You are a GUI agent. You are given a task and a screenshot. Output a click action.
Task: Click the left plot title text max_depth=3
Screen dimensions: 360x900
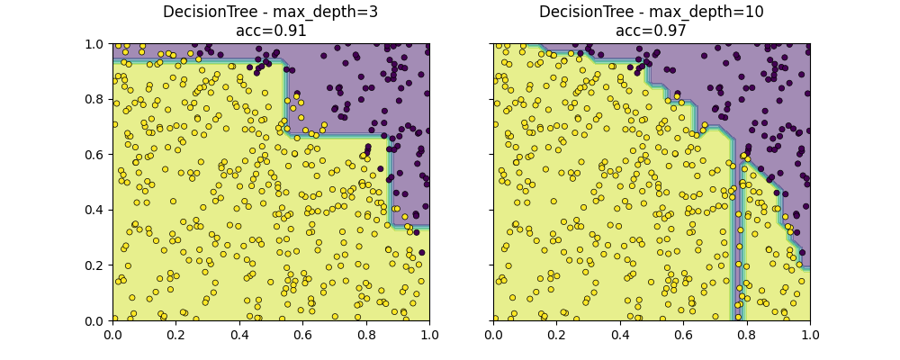[x=271, y=13]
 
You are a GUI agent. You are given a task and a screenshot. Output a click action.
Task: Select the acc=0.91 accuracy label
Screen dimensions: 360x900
[x=271, y=31]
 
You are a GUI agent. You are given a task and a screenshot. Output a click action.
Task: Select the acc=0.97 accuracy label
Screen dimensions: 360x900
[x=652, y=31]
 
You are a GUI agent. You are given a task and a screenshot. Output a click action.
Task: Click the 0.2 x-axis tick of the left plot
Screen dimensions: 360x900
[x=175, y=334]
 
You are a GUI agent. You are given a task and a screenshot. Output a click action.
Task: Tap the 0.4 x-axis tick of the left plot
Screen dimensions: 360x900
[x=239, y=334]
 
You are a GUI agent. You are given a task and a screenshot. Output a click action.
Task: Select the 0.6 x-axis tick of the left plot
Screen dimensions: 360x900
[x=302, y=334]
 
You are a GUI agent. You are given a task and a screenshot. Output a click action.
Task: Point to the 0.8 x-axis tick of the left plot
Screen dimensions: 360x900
[x=366, y=334]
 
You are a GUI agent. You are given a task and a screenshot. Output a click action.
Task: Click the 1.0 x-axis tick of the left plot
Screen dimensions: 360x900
[x=429, y=334]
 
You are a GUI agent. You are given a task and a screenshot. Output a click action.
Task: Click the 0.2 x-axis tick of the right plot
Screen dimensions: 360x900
[x=556, y=334]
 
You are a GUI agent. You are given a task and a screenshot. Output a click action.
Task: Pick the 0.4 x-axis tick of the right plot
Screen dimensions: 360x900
[x=620, y=334]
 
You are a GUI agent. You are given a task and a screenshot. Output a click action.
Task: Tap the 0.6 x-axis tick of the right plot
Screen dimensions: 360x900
[x=683, y=334]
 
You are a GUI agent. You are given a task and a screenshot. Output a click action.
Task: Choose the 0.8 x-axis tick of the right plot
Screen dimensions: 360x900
[x=747, y=334]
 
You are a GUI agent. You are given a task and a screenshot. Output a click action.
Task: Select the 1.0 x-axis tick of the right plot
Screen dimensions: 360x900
[x=810, y=334]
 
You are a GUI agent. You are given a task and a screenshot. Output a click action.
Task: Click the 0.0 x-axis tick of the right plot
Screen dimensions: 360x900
[x=493, y=334]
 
